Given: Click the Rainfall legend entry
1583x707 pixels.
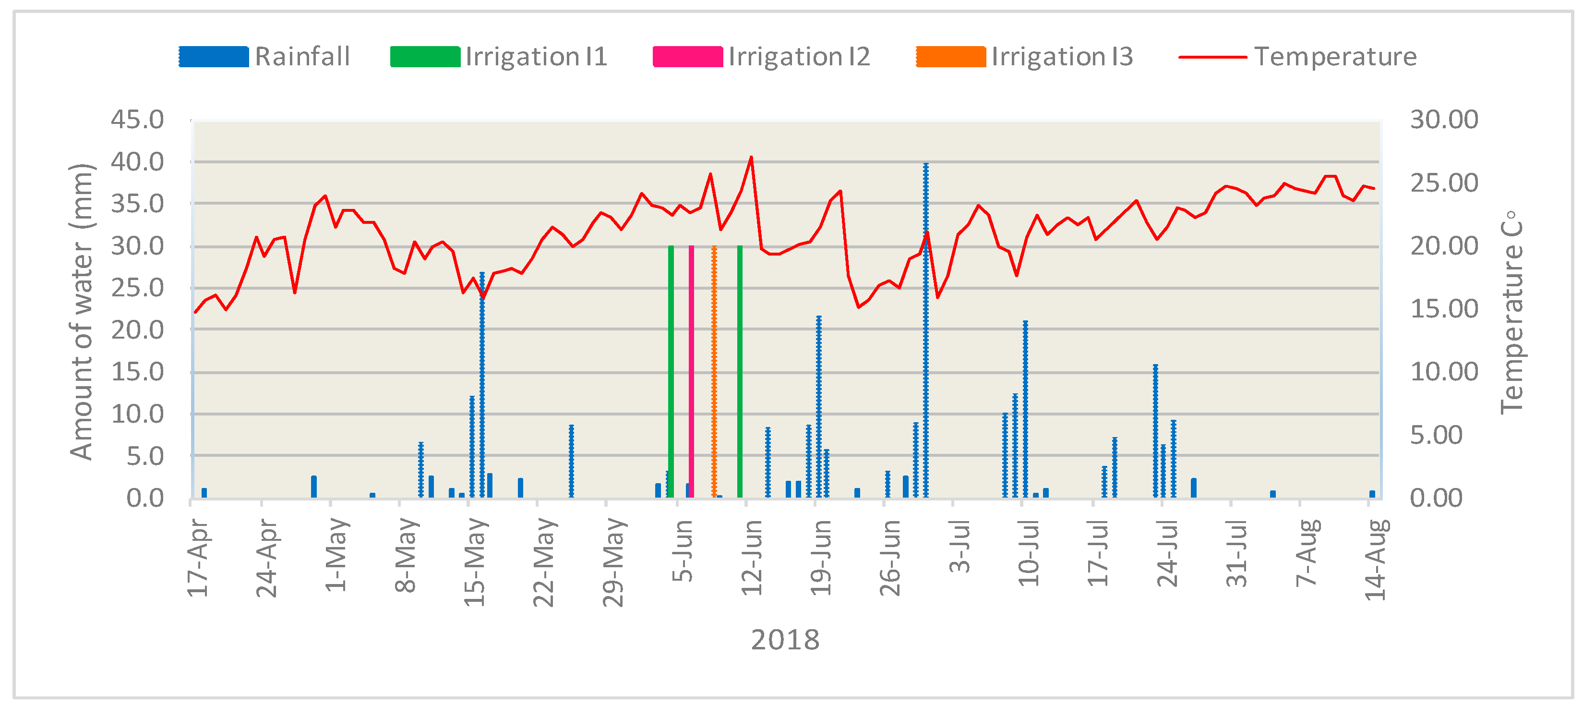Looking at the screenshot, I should (x=264, y=57).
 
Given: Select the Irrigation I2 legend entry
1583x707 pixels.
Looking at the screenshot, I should (x=762, y=57).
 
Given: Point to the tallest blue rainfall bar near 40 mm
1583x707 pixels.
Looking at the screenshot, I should (x=925, y=332).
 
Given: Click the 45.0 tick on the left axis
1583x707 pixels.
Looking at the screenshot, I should (x=138, y=119).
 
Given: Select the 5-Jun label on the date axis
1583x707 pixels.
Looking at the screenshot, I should (x=682, y=550).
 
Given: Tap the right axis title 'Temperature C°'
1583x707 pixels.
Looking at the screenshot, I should (x=1511, y=312).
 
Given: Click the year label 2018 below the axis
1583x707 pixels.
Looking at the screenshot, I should (x=785, y=640).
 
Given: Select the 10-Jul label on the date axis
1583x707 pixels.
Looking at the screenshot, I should (x=1028, y=553).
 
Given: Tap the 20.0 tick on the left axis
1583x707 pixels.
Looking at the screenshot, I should (x=138, y=330).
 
